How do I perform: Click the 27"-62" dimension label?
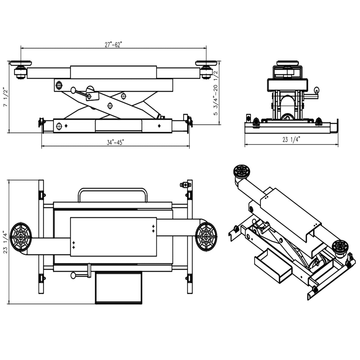(113, 45)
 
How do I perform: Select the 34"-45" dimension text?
(115, 142)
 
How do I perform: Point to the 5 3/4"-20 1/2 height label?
(215, 96)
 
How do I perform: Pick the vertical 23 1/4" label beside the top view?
(5, 242)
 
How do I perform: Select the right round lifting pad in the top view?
(206, 235)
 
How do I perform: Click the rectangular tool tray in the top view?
(118, 287)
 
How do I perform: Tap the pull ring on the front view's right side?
(316, 90)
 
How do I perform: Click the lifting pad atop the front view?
(288, 63)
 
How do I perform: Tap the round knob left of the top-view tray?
(73, 275)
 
